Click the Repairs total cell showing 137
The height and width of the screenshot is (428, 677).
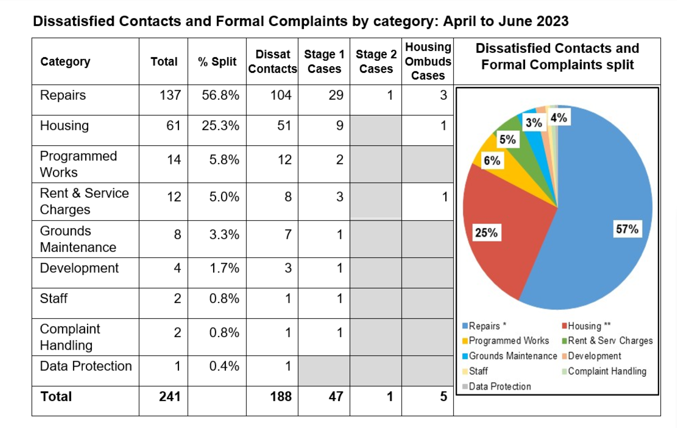click(x=170, y=95)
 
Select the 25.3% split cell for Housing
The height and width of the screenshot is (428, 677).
click(x=220, y=126)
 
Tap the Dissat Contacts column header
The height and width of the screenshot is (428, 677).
click(x=273, y=62)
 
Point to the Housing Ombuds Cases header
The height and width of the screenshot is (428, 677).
click(x=428, y=62)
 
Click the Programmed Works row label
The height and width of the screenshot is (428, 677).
click(x=78, y=164)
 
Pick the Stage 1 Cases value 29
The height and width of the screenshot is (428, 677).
click(x=336, y=95)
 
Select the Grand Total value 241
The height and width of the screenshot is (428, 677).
click(x=170, y=396)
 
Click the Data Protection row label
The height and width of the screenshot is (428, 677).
click(x=86, y=366)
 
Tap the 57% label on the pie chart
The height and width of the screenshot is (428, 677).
click(x=627, y=229)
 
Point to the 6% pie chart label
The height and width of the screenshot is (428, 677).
click(x=492, y=161)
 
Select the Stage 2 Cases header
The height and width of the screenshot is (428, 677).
click(x=376, y=62)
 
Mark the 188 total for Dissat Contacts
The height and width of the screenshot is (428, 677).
click(x=281, y=396)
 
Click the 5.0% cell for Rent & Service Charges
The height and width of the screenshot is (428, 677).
click(x=224, y=197)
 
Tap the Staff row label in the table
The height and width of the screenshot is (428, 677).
click(x=54, y=299)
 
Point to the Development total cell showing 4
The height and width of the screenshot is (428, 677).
click(x=177, y=268)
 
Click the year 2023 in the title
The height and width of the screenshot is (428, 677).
click(x=552, y=21)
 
